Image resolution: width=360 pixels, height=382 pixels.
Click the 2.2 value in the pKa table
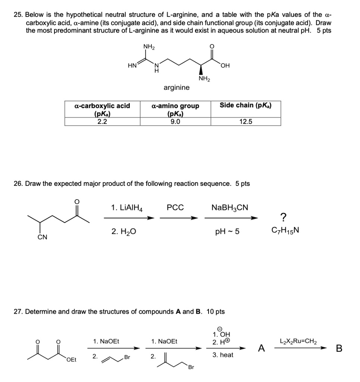[102, 121]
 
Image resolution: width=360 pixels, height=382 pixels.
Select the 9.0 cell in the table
[175, 121]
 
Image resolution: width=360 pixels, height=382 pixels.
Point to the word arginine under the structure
[176, 88]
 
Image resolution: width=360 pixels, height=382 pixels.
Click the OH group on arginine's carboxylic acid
[225, 66]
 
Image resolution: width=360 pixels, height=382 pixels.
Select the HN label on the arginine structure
[132, 65]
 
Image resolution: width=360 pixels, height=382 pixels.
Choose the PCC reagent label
[175, 207]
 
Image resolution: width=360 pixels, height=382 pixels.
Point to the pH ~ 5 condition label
[227, 232]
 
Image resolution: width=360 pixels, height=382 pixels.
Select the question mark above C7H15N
[284, 217]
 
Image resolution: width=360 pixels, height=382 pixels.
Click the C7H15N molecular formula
[284, 231]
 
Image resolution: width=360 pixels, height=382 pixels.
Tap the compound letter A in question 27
[262, 348]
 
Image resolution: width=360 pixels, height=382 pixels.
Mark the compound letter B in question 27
[339, 348]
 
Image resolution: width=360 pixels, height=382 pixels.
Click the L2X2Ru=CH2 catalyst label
[301, 341]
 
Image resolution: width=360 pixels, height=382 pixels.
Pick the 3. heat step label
[223, 355]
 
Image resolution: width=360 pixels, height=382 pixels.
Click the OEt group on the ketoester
[71, 360]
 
